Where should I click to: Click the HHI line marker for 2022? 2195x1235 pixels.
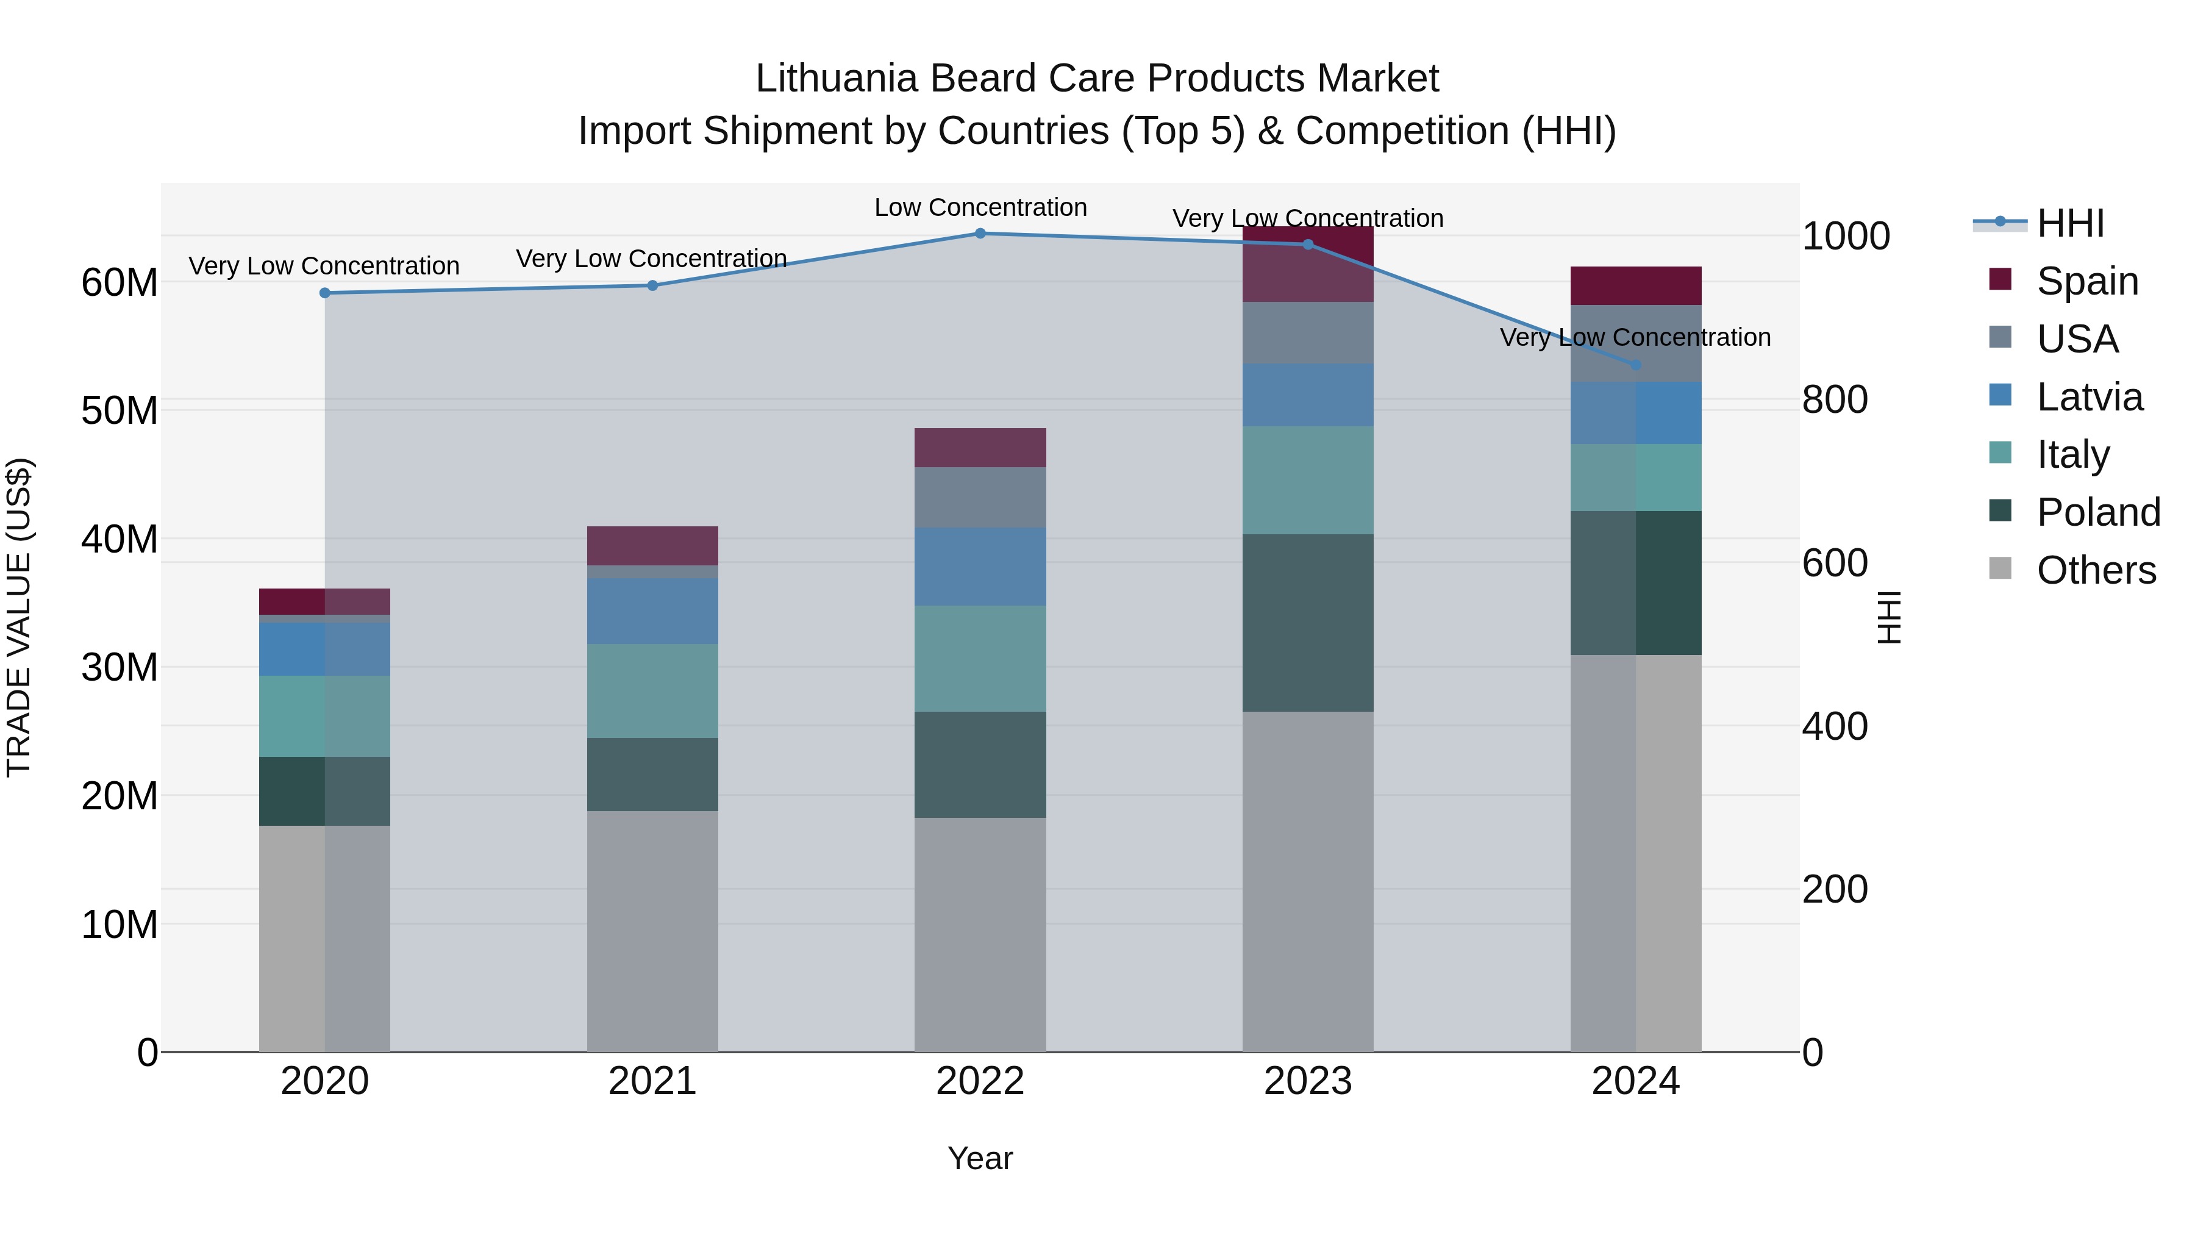point(980,234)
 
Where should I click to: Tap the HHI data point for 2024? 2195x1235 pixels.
point(1635,365)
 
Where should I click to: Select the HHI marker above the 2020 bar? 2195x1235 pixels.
point(324,293)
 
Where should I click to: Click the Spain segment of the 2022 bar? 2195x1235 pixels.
point(980,448)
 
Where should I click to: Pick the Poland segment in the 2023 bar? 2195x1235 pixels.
point(1307,623)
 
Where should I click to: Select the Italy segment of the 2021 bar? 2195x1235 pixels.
point(652,690)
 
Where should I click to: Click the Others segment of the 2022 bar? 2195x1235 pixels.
point(980,934)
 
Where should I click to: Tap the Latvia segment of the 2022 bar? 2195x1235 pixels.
point(980,566)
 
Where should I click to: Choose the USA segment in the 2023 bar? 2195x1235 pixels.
point(1307,333)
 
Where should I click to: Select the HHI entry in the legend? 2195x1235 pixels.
point(2070,223)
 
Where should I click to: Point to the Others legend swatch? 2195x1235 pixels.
point(2000,568)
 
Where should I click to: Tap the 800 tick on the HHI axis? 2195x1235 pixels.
point(1835,399)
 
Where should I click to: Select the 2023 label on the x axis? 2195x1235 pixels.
point(1307,1081)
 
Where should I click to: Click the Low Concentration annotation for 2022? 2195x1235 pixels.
point(980,207)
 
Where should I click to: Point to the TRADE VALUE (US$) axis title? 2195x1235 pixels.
point(19,617)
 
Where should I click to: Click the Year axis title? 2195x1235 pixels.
point(980,1158)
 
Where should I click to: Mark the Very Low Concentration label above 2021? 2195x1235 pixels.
point(651,258)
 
